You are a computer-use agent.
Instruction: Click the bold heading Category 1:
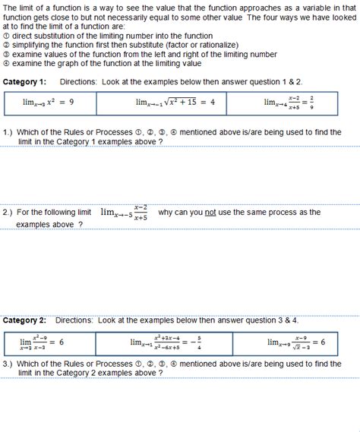coord(25,81)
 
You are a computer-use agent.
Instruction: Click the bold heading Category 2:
coord(25,320)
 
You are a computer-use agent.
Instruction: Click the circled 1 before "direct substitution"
coord(6,36)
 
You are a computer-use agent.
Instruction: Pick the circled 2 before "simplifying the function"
coord(6,46)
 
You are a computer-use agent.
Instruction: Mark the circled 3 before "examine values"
coord(6,55)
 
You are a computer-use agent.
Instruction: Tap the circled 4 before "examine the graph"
coord(6,64)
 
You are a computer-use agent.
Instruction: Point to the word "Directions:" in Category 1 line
coord(77,81)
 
